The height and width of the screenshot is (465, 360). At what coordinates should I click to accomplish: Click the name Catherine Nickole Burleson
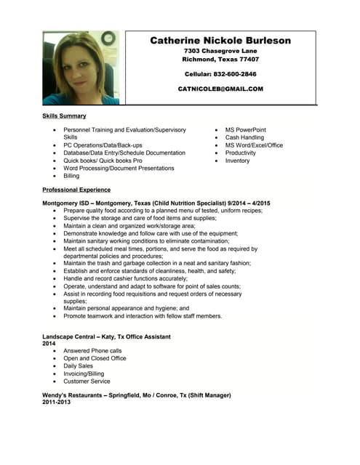point(220,41)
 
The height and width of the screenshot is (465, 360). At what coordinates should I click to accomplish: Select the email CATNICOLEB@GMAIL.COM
point(220,89)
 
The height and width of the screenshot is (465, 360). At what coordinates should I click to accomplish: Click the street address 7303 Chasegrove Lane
point(220,51)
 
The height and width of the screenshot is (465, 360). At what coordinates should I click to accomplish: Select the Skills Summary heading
point(64,116)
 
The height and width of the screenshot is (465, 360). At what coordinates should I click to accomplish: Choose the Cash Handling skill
point(244,137)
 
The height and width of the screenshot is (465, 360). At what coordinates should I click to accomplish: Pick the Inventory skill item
point(237,161)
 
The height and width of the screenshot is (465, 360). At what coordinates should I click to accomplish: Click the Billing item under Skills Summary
point(71,176)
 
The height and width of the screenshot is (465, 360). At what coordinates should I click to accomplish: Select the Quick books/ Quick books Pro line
point(103,161)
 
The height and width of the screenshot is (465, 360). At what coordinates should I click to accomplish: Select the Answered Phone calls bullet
point(92,350)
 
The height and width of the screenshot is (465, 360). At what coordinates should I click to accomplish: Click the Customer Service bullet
point(87,381)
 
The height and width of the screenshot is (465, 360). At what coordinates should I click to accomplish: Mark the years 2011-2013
point(57,402)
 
